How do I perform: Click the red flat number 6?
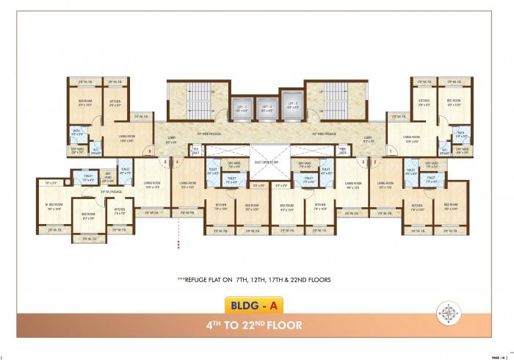[149, 152]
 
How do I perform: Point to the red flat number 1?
[391, 152]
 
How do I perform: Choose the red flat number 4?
[177, 162]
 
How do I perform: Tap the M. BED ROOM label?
[54, 208]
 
